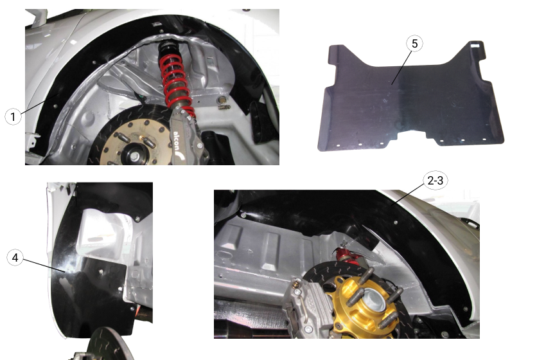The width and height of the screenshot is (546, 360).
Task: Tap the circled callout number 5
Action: click(414, 44)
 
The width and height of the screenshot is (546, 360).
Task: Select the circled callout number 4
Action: click(16, 258)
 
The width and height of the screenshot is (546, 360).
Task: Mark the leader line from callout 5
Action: click(403, 64)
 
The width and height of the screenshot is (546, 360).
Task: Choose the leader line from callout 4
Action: click(45, 265)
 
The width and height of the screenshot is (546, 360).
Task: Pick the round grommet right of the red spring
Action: click(223, 100)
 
